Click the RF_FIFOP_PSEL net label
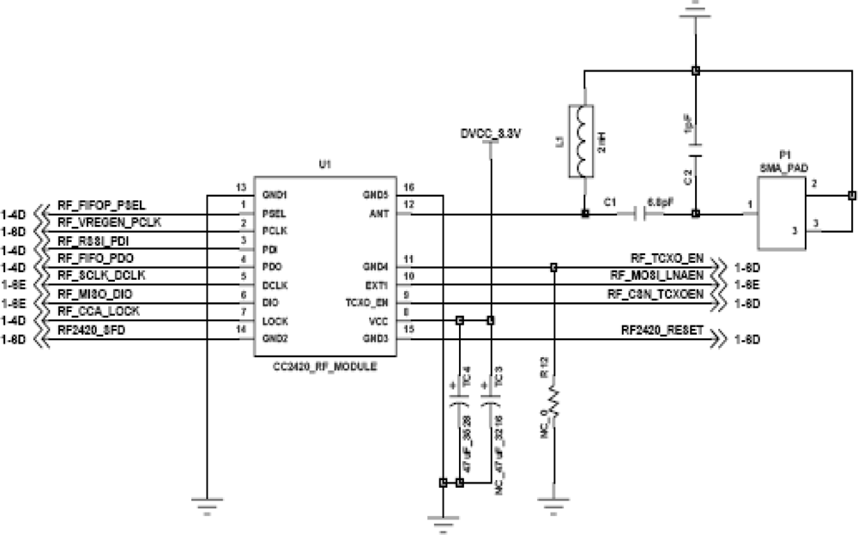(x=100, y=206)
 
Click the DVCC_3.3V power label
(x=490, y=134)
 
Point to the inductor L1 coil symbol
(x=583, y=142)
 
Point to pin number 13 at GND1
(x=241, y=187)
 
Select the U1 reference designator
(x=324, y=162)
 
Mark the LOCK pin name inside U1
(x=275, y=320)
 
